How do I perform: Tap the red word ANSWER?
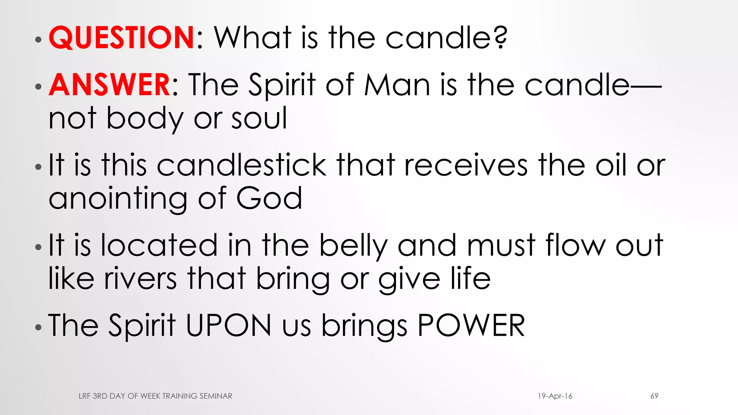110,85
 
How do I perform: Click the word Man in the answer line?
397,85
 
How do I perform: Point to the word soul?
259,118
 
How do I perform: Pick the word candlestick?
241,165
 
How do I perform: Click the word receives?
466,165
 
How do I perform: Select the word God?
269,198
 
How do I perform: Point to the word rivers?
141,278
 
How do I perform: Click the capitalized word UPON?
228,325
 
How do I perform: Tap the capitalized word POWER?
471,325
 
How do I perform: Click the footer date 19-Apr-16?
555,396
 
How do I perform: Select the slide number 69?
654,396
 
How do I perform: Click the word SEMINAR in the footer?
216,396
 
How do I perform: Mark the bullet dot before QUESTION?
39,40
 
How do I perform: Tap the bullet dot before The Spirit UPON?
39,327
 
